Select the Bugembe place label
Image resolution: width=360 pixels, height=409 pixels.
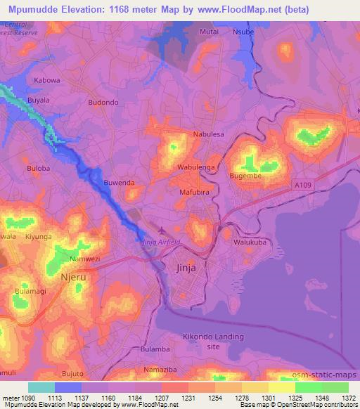[x=245, y=176]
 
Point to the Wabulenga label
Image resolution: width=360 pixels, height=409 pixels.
[x=196, y=168]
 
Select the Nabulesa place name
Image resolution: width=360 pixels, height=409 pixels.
[x=209, y=134]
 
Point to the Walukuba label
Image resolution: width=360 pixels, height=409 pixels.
[x=251, y=242]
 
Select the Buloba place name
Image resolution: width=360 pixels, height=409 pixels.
[x=38, y=169]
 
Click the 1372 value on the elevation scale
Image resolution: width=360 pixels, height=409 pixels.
[x=348, y=397]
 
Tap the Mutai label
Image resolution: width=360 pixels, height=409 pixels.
[x=210, y=32]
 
